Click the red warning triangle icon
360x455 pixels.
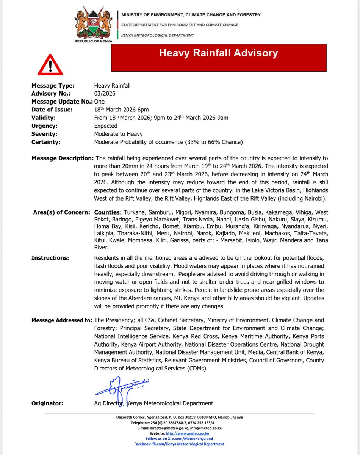pyautogui.click(x=50, y=65)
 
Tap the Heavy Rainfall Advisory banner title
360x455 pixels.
pyautogui.click(x=218, y=53)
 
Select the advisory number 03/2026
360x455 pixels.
pyautogui.click(x=105, y=94)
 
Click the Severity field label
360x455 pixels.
pyautogui.click(x=44, y=134)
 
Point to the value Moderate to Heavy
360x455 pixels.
pyautogui.click(x=119, y=134)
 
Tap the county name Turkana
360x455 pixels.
pyautogui.click(x=136, y=212)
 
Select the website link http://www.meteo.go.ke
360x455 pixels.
pyautogui.click(x=187, y=433)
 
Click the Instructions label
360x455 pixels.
pyautogui.click(x=50, y=258)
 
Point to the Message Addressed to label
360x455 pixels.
pyautogui.click(x=62, y=320)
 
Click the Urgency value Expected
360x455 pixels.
pyautogui.click(x=106, y=126)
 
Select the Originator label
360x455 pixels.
pyautogui.click(x=47, y=403)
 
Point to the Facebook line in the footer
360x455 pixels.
pyautogui.click(x=180, y=444)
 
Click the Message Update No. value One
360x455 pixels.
pyautogui.click(x=99, y=102)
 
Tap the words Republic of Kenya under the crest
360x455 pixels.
pyautogui.click(x=93, y=41)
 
